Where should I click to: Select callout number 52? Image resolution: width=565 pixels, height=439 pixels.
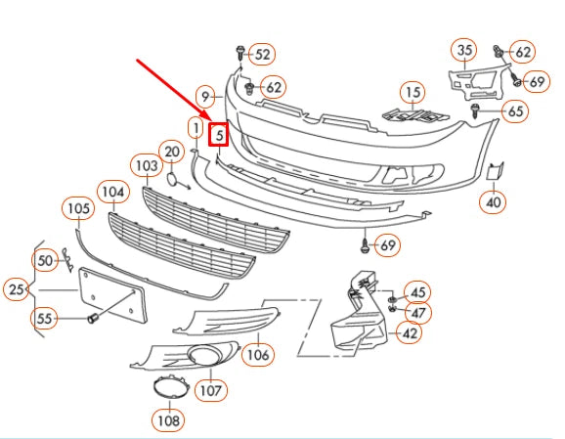(x=263, y=55)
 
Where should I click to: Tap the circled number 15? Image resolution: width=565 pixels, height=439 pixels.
(x=413, y=94)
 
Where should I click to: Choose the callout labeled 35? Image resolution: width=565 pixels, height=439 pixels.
(x=464, y=50)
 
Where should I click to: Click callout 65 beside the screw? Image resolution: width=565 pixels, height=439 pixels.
(x=515, y=111)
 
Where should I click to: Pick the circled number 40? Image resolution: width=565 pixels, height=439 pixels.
(x=493, y=202)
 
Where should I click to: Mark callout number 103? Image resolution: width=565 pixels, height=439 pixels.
(x=147, y=167)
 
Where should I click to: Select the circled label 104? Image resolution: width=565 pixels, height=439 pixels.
(x=114, y=193)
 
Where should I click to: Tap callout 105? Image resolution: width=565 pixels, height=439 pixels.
(x=78, y=207)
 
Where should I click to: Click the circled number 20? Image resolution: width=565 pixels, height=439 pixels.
(x=172, y=152)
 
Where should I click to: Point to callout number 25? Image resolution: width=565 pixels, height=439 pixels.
(x=17, y=289)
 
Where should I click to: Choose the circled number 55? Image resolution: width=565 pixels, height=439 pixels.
(x=44, y=318)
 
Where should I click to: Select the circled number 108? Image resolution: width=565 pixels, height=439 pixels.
(x=167, y=421)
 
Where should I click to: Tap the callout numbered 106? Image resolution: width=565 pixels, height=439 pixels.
(x=257, y=353)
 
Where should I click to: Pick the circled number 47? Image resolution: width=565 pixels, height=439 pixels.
(x=418, y=313)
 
